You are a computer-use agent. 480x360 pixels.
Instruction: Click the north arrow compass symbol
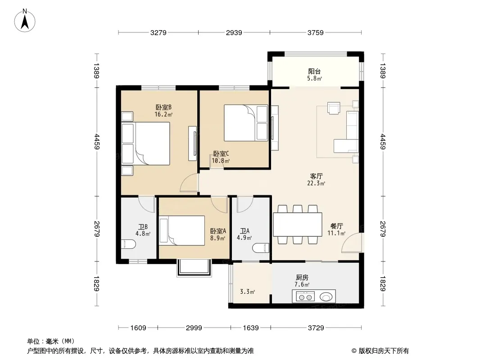click(25, 21)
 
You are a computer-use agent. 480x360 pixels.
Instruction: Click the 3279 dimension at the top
click(158, 32)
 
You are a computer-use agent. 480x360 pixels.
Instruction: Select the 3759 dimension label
click(315, 32)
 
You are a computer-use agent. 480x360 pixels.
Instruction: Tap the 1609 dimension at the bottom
click(138, 328)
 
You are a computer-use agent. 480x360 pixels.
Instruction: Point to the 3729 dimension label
click(316, 328)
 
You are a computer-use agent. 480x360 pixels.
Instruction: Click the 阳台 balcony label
click(314, 72)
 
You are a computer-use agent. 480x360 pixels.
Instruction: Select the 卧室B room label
click(163, 108)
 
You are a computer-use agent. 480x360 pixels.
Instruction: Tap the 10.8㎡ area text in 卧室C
click(221, 161)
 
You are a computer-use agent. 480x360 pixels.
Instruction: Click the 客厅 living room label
click(316, 176)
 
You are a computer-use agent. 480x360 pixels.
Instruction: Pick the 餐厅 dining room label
click(336, 226)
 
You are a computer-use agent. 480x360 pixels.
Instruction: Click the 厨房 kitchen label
click(302, 277)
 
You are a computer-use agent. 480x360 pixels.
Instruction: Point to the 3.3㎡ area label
click(247, 292)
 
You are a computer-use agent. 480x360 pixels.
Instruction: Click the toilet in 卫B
click(128, 244)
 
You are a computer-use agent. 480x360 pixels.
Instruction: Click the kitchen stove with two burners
click(305, 297)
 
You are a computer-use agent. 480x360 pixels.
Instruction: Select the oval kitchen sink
click(326, 297)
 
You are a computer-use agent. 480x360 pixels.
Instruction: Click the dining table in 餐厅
click(298, 224)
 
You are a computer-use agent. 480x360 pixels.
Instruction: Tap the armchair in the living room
click(334, 108)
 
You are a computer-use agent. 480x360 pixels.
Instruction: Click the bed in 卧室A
click(182, 230)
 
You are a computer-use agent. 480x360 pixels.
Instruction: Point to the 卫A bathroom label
click(245, 231)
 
